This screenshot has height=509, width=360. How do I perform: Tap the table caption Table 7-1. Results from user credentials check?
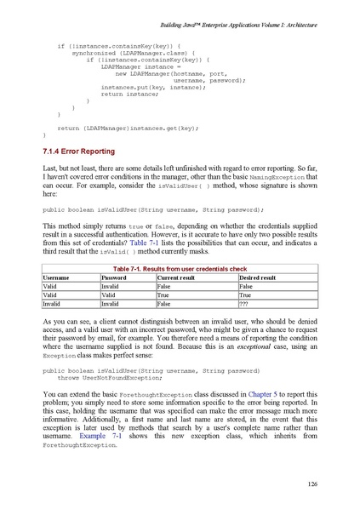180,268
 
